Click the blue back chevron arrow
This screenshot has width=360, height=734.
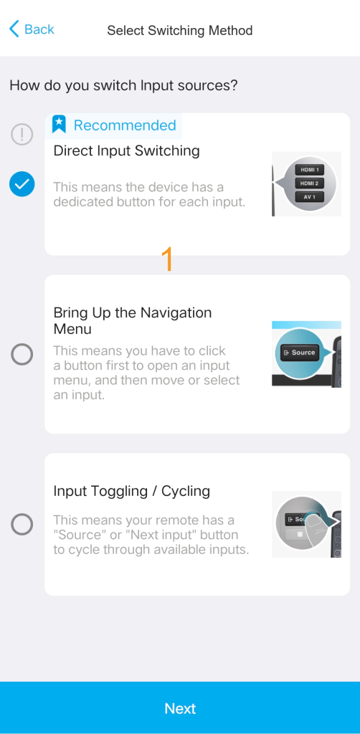14,29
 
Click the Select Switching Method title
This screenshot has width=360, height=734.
180,31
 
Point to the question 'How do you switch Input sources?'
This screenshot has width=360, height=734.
123,86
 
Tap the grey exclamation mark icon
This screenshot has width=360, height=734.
22,135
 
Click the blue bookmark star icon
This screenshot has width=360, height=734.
59,125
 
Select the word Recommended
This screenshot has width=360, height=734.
125,125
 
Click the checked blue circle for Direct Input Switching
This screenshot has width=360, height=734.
22,184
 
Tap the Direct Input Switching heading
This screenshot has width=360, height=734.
126,151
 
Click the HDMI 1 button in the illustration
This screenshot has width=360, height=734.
310,170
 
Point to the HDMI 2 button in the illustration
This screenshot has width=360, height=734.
310,183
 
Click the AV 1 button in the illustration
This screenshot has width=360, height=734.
310,197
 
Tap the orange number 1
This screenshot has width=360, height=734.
167,259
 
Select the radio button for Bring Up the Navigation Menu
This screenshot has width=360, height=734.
22,354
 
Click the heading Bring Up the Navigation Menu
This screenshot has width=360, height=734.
133,320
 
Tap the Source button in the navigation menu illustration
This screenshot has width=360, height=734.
300,353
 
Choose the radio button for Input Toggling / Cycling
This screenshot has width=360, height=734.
22,524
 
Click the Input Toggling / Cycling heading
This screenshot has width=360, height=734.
131,491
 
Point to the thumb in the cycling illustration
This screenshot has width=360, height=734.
318,528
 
